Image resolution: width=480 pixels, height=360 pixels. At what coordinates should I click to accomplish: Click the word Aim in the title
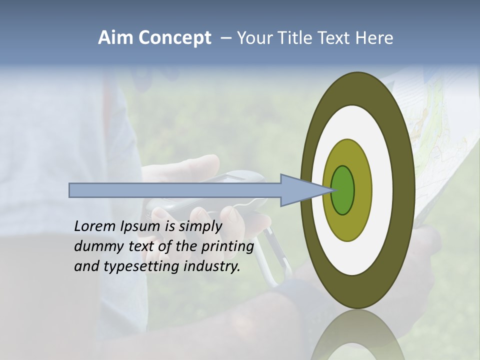115,38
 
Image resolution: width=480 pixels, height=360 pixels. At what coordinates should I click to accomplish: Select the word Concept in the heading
174,38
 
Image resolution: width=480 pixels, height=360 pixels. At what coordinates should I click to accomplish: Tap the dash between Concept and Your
226,38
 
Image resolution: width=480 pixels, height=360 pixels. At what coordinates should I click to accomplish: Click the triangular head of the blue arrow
302,190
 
